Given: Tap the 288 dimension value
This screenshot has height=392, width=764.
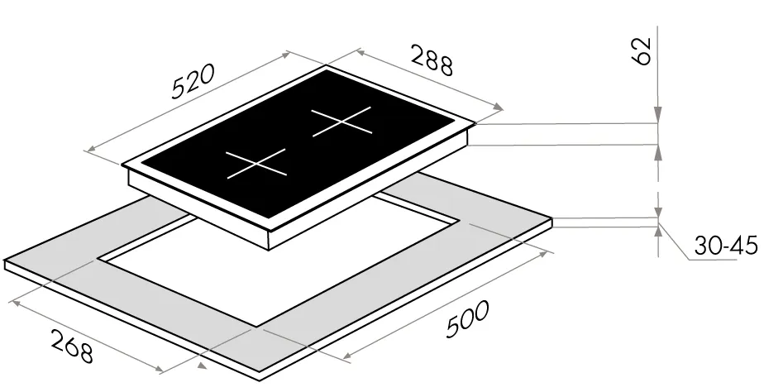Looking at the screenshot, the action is (x=432, y=60).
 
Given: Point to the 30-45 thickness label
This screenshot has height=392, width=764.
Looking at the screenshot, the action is (x=725, y=246).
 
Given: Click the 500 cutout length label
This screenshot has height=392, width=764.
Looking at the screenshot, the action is (x=467, y=319).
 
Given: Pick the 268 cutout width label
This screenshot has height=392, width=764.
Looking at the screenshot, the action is (x=72, y=347).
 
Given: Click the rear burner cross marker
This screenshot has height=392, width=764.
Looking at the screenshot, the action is (x=341, y=121).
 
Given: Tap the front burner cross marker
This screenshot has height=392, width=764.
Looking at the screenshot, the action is (x=256, y=164).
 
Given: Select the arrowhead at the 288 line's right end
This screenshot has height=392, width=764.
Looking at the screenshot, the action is (x=499, y=107).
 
